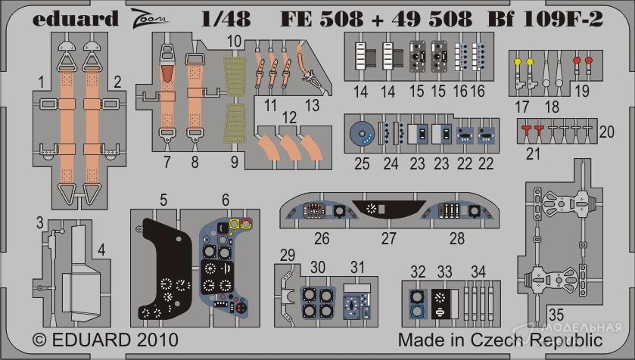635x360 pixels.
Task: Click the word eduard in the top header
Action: pyautogui.click(x=76, y=19)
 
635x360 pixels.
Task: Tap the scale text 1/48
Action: pyautogui.click(x=226, y=19)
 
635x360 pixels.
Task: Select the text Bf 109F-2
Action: pyautogui.click(x=545, y=19)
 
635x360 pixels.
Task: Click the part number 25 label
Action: pyautogui.click(x=362, y=164)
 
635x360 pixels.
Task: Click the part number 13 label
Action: pyautogui.click(x=312, y=106)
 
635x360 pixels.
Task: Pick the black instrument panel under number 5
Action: pyautogui.click(x=165, y=269)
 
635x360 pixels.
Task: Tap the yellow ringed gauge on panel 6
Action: pyautogui.click(x=234, y=224)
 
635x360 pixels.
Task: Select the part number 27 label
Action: pyautogui.click(x=388, y=239)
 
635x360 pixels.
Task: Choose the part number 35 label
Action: pyautogui.click(x=556, y=315)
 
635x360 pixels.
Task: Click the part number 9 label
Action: pyautogui.click(x=235, y=162)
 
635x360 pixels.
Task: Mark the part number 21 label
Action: pyautogui.click(x=533, y=154)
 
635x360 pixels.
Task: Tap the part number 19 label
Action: pyautogui.click(x=582, y=91)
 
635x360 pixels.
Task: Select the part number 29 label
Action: pyautogui.click(x=288, y=255)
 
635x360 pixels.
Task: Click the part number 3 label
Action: pyautogui.click(x=39, y=222)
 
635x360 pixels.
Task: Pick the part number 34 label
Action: pyautogui.click(x=478, y=272)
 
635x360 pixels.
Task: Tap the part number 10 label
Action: pyautogui.click(x=234, y=42)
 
